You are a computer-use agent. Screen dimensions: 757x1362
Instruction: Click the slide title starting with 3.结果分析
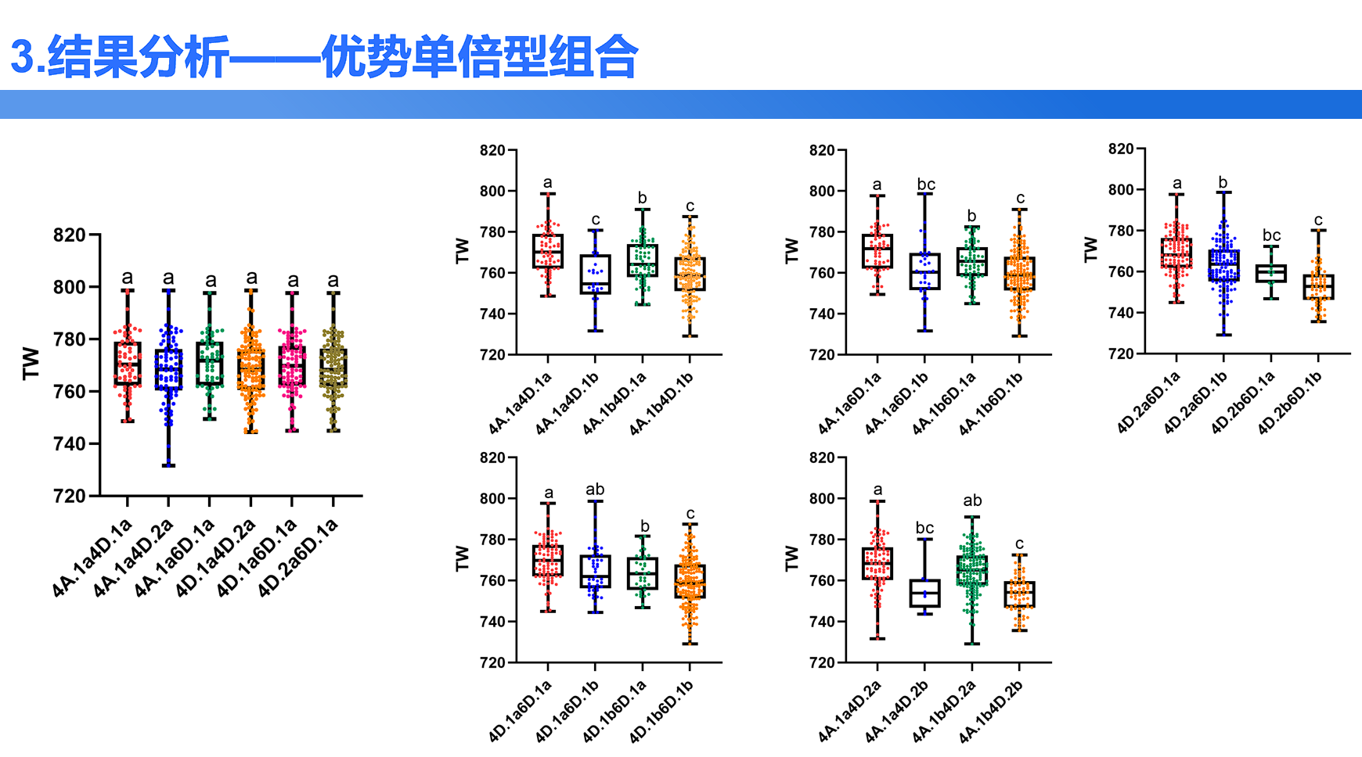pyautogui.click(x=324, y=56)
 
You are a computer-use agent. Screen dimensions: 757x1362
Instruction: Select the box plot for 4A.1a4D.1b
pyautogui.click(x=595, y=274)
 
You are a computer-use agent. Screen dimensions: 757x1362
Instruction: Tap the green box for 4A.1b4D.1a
pyautogui.click(x=643, y=260)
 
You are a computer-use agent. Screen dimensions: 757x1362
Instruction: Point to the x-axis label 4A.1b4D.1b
pyautogui.click(x=662, y=404)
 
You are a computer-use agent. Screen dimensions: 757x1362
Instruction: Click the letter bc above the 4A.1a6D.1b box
pyautogui.click(x=925, y=185)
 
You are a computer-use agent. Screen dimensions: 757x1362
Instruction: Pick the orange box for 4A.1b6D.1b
pyautogui.click(x=1019, y=274)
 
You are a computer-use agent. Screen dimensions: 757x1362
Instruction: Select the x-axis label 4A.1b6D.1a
pyautogui.click(x=945, y=404)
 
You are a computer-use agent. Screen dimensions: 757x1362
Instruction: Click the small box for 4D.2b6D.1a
pyautogui.click(x=1270, y=273)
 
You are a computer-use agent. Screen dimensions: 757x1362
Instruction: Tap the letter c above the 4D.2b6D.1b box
pyautogui.click(x=1318, y=220)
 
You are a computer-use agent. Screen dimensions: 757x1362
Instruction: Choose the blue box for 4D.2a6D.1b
pyautogui.click(x=1223, y=266)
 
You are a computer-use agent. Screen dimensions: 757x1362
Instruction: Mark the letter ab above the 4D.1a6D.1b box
pyautogui.click(x=595, y=490)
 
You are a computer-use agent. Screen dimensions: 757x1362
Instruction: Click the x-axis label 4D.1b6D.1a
pyautogui.click(x=615, y=711)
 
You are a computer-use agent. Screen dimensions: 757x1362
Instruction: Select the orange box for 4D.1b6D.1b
pyautogui.click(x=690, y=582)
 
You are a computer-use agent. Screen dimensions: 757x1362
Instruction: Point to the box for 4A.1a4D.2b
pyautogui.click(x=924, y=593)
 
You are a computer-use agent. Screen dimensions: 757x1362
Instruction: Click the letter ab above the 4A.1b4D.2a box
pyautogui.click(x=972, y=500)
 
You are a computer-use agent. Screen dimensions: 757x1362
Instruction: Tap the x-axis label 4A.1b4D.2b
pyautogui.click(x=992, y=711)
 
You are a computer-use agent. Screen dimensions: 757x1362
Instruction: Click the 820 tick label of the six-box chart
pyautogui.click(x=69, y=235)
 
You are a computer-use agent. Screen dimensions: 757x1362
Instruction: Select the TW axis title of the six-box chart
pyautogui.click(x=31, y=364)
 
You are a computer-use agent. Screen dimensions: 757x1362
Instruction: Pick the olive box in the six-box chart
pyautogui.click(x=333, y=368)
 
